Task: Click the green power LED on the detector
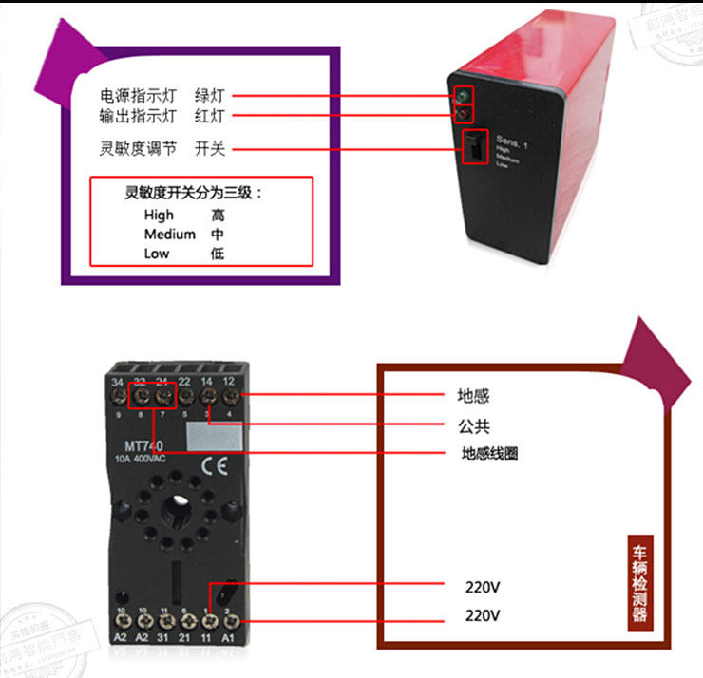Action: (x=463, y=95)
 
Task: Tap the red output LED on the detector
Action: (x=464, y=115)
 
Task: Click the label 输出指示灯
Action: (x=139, y=117)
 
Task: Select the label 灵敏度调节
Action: (x=139, y=149)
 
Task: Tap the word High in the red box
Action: (x=159, y=216)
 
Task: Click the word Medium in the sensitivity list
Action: (x=170, y=235)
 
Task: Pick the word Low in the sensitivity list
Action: (x=157, y=254)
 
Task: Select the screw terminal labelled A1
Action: (x=230, y=623)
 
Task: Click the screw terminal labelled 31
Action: (x=164, y=623)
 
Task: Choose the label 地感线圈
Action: (x=489, y=454)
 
